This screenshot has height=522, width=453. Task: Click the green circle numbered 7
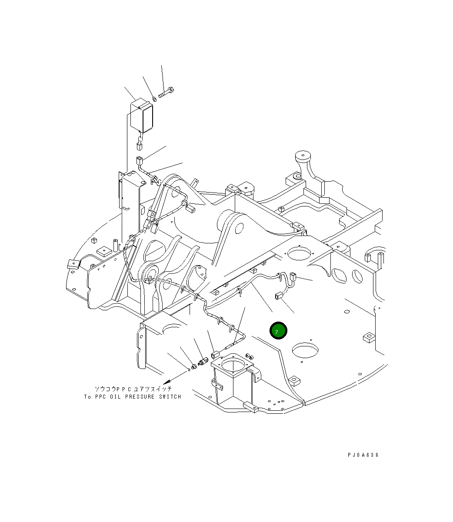(278, 331)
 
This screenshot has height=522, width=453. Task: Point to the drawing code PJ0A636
(363, 455)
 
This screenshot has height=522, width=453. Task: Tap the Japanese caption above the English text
(133, 389)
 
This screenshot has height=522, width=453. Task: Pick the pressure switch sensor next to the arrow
(202, 362)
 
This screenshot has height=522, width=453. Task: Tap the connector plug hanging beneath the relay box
(140, 143)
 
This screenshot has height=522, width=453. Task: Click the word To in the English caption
(87, 397)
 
